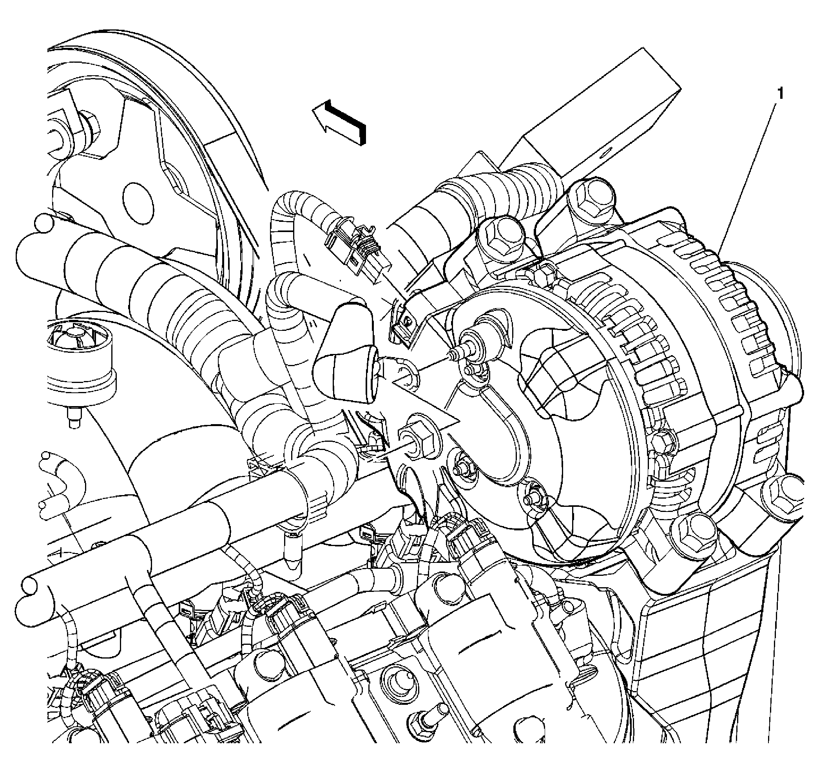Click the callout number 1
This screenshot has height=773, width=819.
(780, 94)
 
